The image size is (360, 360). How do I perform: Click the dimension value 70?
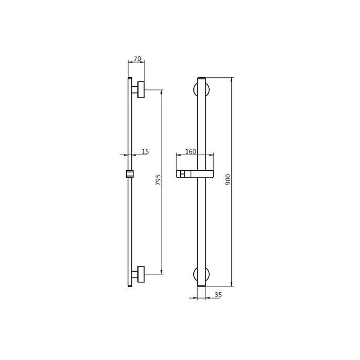click(137, 59)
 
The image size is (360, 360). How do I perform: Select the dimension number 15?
click(145, 151)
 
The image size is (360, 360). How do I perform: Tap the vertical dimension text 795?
click(158, 181)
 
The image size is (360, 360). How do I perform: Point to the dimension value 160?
click(191, 151)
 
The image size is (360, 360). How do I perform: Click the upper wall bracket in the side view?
click(140, 90)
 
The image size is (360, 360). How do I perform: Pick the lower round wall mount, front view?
click(201, 274)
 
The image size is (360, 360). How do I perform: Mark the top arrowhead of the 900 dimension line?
click(232, 80)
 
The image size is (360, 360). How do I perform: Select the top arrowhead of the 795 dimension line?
click(161, 92)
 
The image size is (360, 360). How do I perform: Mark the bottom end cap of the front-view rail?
click(201, 285)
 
